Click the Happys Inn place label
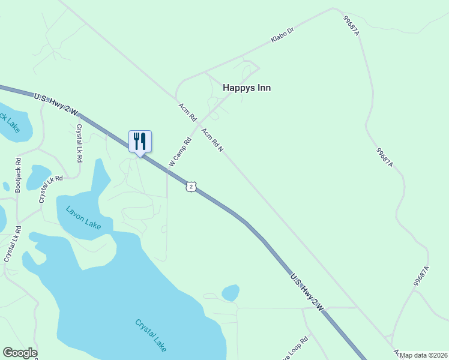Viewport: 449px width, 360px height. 247,88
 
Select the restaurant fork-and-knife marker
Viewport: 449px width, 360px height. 140,142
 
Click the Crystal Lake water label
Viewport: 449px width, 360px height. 151,335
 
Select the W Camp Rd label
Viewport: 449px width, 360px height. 179,152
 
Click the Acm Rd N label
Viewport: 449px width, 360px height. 212,140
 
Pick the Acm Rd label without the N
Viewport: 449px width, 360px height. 188,112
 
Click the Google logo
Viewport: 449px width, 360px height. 20,353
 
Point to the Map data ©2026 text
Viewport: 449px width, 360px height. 424,355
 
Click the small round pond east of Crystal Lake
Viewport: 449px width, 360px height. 231,293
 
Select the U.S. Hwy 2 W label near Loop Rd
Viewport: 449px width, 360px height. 307,292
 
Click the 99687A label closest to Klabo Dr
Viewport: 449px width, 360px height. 351,26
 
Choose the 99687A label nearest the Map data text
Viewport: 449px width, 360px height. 421,276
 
